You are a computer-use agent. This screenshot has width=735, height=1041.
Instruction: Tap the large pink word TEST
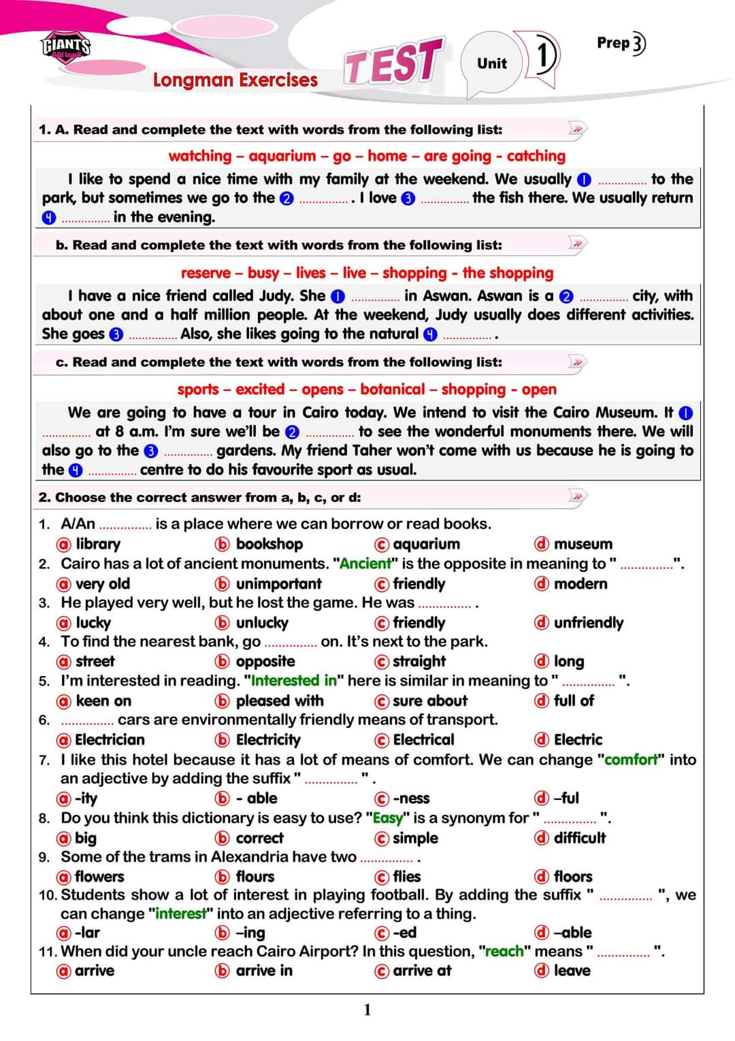(393, 62)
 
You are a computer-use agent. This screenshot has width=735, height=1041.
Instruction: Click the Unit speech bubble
(491, 63)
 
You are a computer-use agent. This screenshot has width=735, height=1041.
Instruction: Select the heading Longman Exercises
(235, 80)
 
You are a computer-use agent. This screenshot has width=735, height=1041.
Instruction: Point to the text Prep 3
(621, 43)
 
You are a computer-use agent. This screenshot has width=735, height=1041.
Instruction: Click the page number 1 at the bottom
(367, 1009)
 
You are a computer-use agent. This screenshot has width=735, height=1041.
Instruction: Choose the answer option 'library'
(97, 544)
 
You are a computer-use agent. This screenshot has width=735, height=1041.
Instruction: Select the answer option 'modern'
(580, 583)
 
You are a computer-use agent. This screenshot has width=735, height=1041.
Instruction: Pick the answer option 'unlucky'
(261, 622)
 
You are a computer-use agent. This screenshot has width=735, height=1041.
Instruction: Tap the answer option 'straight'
(419, 661)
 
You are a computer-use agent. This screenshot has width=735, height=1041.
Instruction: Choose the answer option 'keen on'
(103, 701)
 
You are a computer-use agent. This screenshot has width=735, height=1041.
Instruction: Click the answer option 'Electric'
(578, 739)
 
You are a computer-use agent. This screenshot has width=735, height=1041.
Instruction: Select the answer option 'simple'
(415, 838)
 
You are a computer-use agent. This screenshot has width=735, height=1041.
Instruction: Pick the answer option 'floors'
(572, 876)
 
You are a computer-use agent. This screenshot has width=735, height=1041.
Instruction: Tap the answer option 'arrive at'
(421, 970)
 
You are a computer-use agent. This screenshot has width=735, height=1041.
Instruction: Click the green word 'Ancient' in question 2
(365, 564)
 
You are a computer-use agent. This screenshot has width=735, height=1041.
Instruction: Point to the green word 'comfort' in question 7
(632, 759)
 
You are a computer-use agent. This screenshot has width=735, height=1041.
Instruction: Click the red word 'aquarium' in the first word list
(282, 156)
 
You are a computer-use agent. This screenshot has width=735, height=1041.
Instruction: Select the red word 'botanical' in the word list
(393, 389)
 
